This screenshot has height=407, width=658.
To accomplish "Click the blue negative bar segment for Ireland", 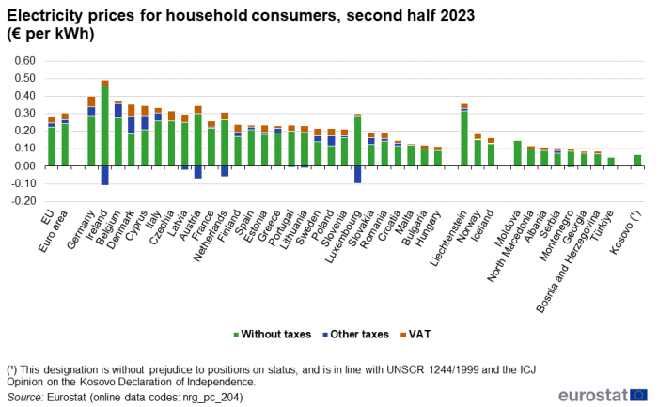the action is pyautogui.click(x=104, y=176).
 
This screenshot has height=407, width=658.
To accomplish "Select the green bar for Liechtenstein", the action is pyautogui.click(x=464, y=138).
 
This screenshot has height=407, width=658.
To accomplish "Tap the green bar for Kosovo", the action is pyautogui.click(x=637, y=161).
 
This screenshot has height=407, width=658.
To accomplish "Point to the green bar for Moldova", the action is pyautogui.click(x=517, y=153).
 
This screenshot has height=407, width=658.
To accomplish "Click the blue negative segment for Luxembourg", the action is pyautogui.click(x=357, y=175).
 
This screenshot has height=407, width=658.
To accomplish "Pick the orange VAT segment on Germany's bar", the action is pyautogui.click(x=91, y=102).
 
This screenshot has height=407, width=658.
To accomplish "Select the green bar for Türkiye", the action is pyautogui.click(x=611, y=162).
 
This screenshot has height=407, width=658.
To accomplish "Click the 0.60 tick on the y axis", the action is pyautogui.click(x=24, y=61).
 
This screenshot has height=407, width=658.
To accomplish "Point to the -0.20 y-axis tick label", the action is pyautogui.click(x=23, y=201).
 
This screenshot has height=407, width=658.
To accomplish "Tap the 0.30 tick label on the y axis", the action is pyautogui.click(x=24, y=114).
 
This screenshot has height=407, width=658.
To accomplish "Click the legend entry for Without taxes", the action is pyautogui.click(x=273, y=335).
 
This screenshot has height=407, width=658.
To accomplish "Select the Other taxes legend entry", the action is pyautogui.click(x=355, y=335).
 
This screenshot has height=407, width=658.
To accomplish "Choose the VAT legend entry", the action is pyautogui.click(x=415, y=335).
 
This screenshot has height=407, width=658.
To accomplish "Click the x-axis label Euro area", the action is pyautogui.click(x=54, y=231).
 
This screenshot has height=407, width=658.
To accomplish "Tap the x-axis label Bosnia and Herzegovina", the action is pyautogui.click(x=569, y=262).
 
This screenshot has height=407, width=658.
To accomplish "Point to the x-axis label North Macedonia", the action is pyautogui.click(x=510, y=246).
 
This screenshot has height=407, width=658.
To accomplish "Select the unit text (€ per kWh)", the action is pyautogui.click(x=51, y=34).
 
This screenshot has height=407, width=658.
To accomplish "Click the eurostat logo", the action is pyautogui.click(x=603, y=395).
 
